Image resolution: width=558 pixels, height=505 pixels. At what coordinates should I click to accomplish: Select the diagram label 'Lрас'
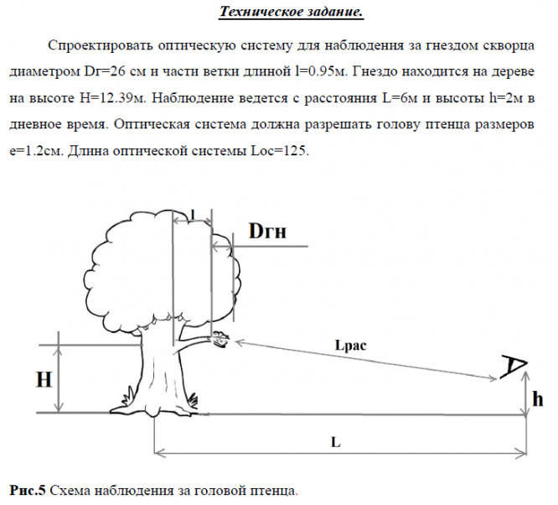tap(350, 344)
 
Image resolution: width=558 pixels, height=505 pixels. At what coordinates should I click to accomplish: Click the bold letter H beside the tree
tap(46, 379)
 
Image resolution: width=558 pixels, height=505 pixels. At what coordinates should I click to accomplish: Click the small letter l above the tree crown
tap(192, 216)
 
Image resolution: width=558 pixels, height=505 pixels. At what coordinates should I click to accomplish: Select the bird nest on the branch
tap(221, 340)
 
